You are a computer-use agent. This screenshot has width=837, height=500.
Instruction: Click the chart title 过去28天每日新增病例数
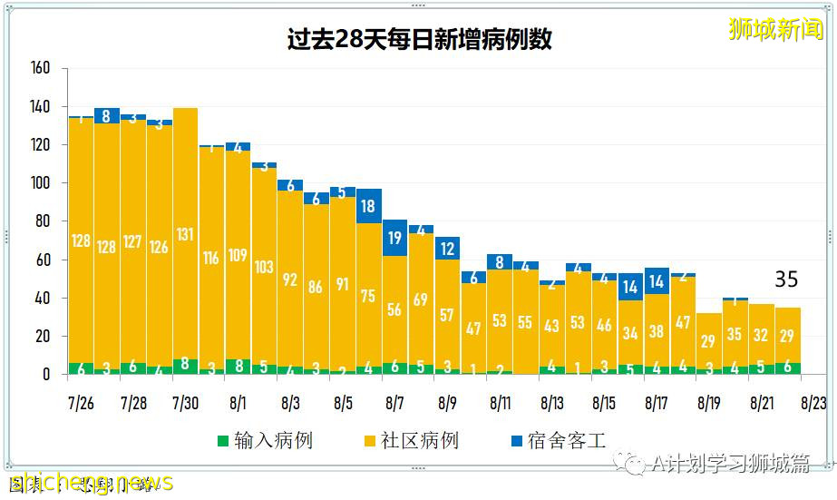418,40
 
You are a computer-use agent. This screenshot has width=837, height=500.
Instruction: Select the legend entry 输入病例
264,441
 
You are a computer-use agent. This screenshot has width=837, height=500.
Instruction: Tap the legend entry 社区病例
410,441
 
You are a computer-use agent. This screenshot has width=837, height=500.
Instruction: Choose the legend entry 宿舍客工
557,441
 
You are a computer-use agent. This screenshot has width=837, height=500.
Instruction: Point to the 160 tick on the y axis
40,69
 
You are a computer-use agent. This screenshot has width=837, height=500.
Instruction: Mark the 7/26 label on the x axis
82,401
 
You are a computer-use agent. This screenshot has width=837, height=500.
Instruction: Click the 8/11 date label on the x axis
501,401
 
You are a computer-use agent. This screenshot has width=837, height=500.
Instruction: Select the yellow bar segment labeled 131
186,234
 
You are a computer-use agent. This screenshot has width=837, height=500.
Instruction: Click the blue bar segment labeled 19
395,238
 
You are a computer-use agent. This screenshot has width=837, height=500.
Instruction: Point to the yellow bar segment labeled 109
238,255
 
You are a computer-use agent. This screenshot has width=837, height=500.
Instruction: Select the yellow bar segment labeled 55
526,321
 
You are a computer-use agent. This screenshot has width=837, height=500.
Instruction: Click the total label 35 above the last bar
785,279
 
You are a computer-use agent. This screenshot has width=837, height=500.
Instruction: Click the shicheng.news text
91,482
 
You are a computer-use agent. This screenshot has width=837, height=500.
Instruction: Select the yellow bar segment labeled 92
290,279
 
